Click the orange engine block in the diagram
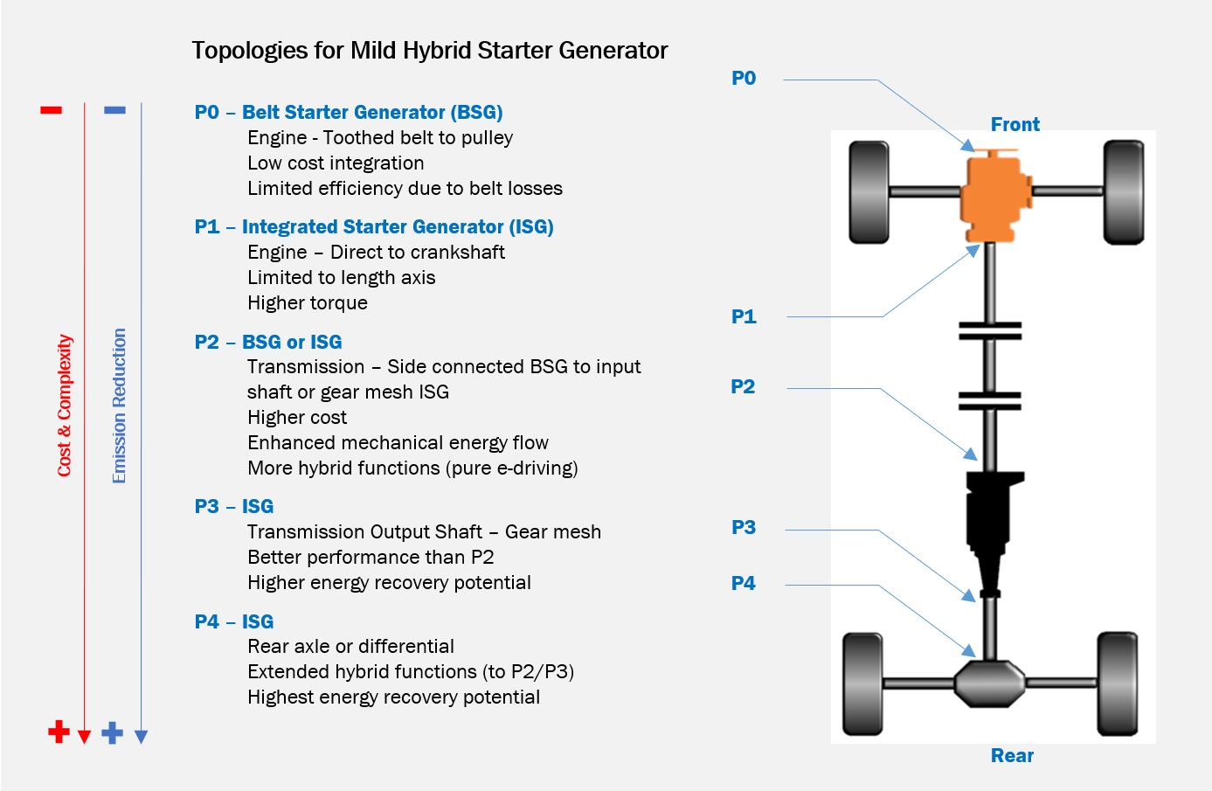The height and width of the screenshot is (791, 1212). [x=994, y=196]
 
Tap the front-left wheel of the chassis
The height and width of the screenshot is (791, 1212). [x=869, y=192]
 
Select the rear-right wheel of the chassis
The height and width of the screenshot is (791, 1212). [x=1117, y=683]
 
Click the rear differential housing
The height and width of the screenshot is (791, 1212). [x=989, y=683]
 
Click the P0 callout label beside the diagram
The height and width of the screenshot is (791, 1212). [x=744, y=79]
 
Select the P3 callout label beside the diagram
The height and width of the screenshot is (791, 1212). [x=744, y=528]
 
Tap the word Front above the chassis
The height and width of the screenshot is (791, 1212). [x=1015, y=125]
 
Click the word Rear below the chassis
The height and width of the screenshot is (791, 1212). [x=1012, y=756]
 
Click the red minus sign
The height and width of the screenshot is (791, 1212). [x=52, y=110]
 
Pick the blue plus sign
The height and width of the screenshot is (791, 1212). [x=112, y=732]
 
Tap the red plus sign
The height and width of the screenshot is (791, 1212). [x=59, y=732]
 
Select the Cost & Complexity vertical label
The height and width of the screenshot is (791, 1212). [x=65, y=406]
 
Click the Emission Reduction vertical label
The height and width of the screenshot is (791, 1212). [x=120, y=406]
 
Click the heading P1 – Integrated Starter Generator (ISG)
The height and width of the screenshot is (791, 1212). [x=374, y=227]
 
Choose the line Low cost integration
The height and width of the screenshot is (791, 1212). [x=336, y=163]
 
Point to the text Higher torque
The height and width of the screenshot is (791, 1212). [x=308, y=303]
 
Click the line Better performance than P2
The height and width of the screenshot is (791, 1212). [x=371, y=558]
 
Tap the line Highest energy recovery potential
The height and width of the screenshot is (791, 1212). [x=393, y=697]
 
